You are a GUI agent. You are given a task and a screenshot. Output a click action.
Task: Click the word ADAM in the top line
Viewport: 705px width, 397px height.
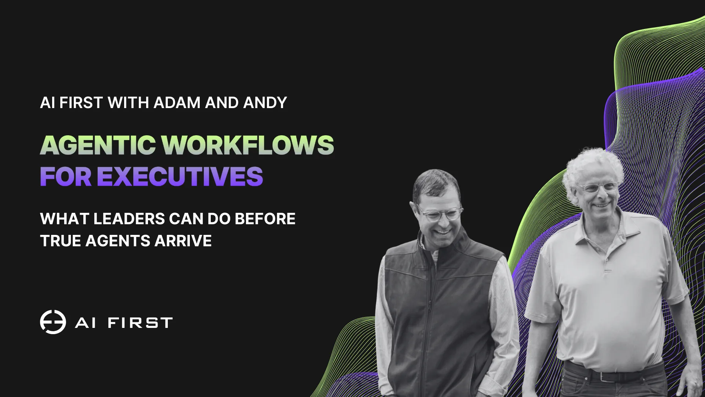pos(177,103)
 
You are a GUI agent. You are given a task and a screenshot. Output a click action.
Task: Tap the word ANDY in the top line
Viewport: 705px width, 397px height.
pos(265,103)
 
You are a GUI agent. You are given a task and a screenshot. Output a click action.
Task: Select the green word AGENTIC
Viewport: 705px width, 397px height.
pos(98,145)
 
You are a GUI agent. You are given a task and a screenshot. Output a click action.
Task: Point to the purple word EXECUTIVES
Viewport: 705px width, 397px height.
pos(180,176)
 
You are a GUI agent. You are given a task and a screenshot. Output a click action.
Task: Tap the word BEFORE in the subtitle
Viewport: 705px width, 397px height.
pos(265,219)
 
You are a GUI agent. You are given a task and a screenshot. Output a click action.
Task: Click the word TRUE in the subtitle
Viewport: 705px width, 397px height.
pos(61,241)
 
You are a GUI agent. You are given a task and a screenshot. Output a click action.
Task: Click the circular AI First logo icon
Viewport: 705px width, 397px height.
pos(53,322)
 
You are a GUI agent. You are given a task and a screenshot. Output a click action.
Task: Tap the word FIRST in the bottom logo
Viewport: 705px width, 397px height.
pos(140,323)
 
